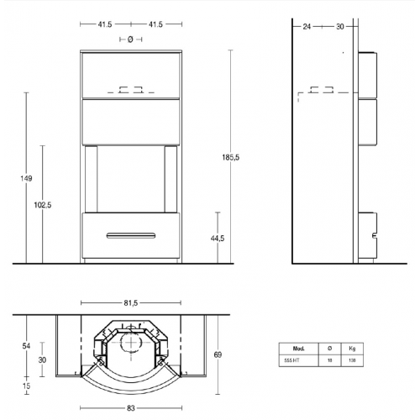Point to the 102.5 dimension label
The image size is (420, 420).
[43, 204]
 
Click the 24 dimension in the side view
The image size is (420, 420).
[306, 26]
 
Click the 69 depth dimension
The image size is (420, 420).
[219, 355]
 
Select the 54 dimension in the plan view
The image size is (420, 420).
[26, 345]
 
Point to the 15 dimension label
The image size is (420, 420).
[26, 385]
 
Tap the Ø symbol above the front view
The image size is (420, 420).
[130, 39]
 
